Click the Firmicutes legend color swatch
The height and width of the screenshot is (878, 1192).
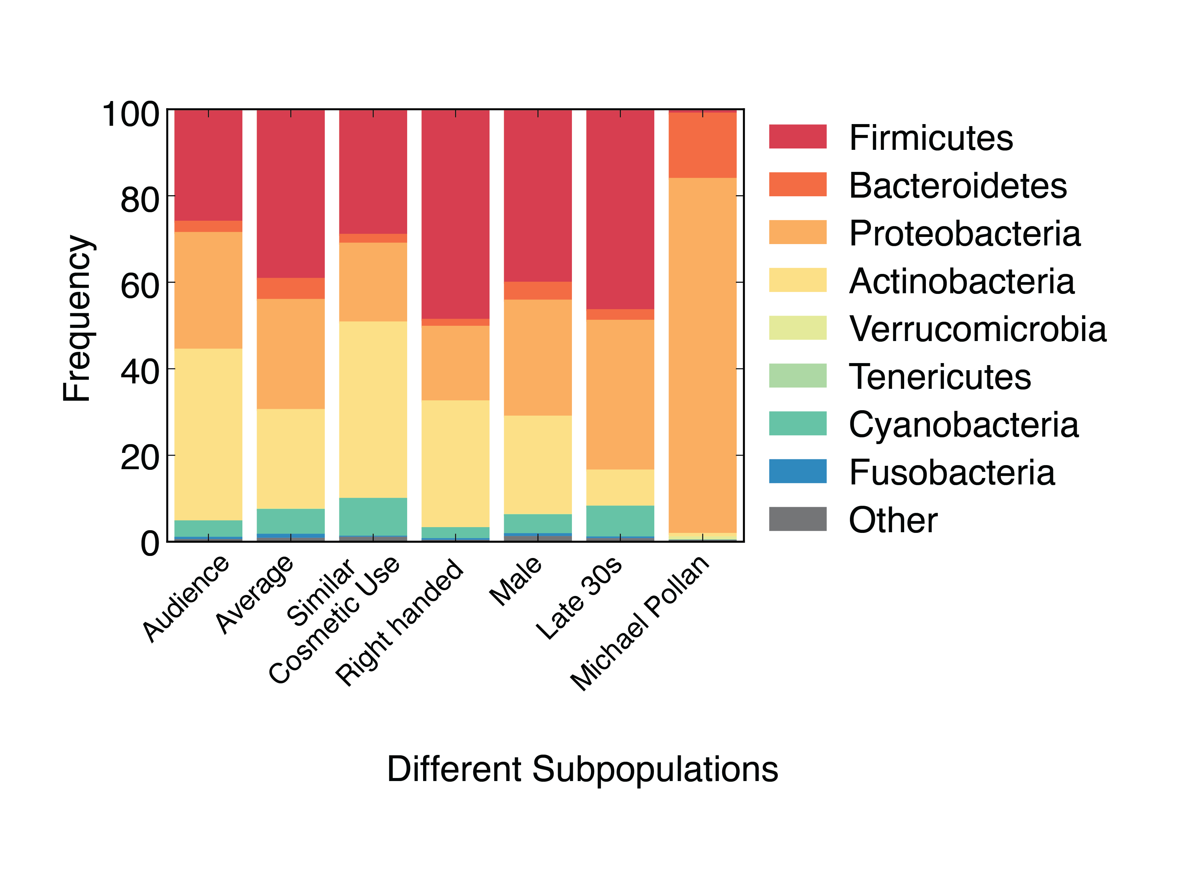point(797,137)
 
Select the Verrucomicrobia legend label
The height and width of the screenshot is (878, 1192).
point(977,328)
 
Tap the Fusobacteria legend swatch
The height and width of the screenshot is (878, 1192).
point(797,471)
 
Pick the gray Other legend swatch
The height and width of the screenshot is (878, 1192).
point(797,519)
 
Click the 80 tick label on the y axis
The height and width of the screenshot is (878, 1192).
point(140,200)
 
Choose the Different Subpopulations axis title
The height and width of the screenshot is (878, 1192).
point(582,769)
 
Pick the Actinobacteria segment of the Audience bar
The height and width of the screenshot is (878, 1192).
point(208,434)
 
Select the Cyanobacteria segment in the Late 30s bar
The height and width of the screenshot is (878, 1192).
point(620,521)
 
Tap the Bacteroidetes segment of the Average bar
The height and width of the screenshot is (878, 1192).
point(291,288)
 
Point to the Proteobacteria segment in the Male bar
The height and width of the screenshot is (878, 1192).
point(538,357)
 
